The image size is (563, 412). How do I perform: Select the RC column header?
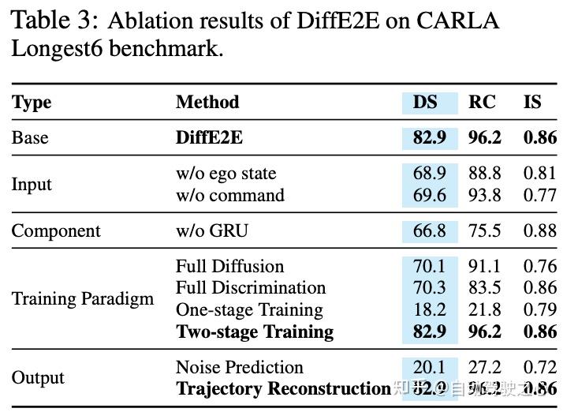point(482,103)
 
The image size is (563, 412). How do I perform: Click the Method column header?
point(207,103)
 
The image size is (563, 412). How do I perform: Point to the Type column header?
point(32,103)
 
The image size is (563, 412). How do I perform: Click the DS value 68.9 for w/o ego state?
point(429,173)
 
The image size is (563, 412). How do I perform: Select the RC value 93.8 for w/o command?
point(483,195)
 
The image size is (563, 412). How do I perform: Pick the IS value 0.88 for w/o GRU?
point(539,231)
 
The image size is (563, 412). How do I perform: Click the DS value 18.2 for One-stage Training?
point(429,310)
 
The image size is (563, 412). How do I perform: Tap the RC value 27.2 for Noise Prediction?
point(483,368)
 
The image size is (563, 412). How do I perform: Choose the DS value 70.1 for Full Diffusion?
point(429,267)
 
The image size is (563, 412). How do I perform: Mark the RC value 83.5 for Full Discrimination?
point(483,288)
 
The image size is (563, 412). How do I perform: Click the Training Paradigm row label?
point(83,299)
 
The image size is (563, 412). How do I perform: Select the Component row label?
point(56,231)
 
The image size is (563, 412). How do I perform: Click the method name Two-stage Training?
point(255,332)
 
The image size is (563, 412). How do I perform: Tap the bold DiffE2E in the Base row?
point(209,138)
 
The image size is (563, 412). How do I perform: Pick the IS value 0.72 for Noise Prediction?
point(539,368)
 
